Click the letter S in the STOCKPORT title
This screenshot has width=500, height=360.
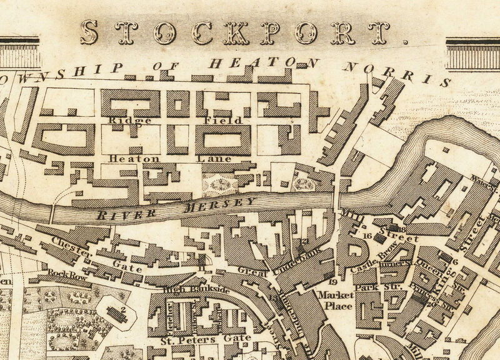point(89,32)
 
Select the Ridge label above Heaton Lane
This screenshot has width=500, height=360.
point(121,120)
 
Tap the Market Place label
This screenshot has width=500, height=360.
point(336,299)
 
